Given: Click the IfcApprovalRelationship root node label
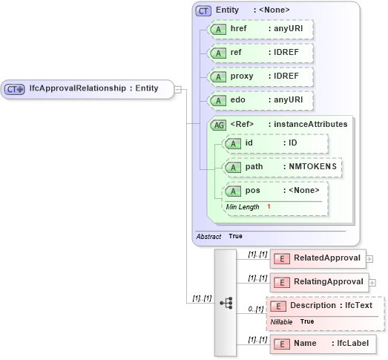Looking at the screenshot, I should (x=93, y=88).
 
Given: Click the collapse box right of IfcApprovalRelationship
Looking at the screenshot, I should (x=178, y=89).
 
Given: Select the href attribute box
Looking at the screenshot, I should (x=259, y=29).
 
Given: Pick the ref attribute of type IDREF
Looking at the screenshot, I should (x=259, y=53).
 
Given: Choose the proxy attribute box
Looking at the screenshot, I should (x=259, y=77).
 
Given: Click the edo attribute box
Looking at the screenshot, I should (x=259, y=101).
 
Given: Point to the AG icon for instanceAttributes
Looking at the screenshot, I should (x=219, y=125).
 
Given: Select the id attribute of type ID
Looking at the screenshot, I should (x=274, y=143).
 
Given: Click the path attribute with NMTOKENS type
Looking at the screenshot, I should (x=282, y=167).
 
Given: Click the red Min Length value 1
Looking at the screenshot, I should (x=269, y=206).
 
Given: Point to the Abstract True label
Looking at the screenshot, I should (x=220, y=236).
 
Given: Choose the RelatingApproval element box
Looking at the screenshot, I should (x=318, y=282).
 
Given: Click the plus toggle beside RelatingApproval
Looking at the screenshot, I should (x=372, y=283).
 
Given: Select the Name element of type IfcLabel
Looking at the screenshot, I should (x=323, y=344).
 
